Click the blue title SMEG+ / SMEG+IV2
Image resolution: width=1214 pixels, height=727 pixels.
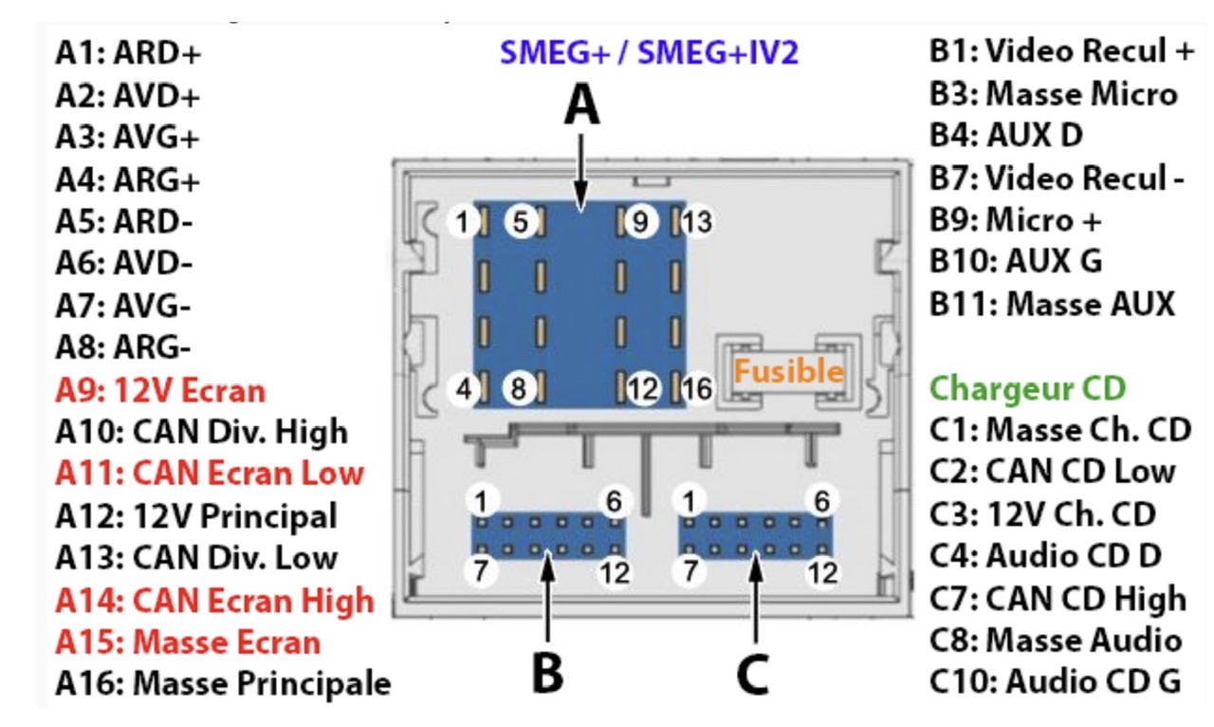[649, 52]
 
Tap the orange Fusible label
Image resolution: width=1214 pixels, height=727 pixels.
[788, 371]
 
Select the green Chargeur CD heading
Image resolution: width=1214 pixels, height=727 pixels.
[1027, 388]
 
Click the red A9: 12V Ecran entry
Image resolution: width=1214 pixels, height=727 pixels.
[160, 391]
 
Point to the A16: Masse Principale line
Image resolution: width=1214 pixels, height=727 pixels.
[223, 682]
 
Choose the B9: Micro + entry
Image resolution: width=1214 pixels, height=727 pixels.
[1015, 220]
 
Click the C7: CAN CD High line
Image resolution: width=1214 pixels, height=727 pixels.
[1058, 598]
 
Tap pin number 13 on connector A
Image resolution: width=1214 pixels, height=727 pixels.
[697, 222]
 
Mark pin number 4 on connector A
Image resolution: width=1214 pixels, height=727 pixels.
[464, 389]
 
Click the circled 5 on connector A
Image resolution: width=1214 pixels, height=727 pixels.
[521, 222]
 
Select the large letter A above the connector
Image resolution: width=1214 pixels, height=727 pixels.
[581, 105]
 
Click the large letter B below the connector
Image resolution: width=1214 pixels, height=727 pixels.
[547, 673]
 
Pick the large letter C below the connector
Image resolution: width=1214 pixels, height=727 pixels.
[753, 674]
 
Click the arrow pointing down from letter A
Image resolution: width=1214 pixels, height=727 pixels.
[581, 173]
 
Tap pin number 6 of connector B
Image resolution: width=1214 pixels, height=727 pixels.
[614, 501]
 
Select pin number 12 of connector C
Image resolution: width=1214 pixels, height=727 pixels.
[822, 572]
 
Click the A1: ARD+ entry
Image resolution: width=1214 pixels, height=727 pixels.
[128, 53]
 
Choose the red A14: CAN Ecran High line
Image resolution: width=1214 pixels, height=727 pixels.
[215, 600]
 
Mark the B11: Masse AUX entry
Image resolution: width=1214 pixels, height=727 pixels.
[1053, 304]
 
